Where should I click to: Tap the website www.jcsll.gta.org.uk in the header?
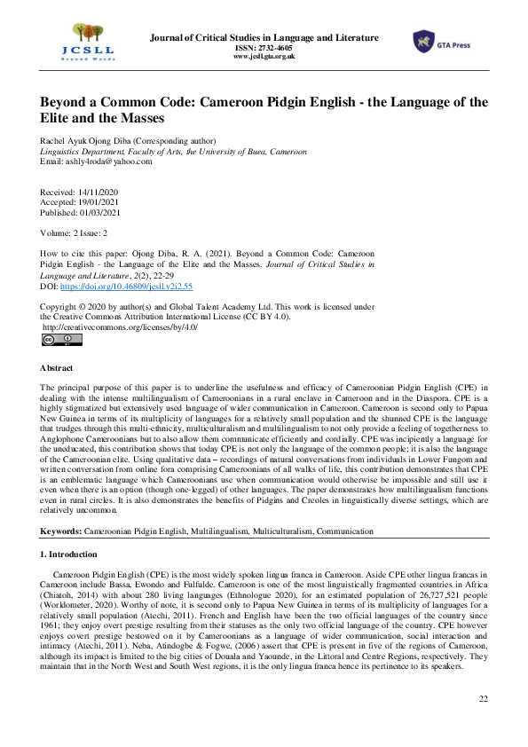point(264,56)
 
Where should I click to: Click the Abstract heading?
point(58,367)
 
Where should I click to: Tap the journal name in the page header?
point(264,38)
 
